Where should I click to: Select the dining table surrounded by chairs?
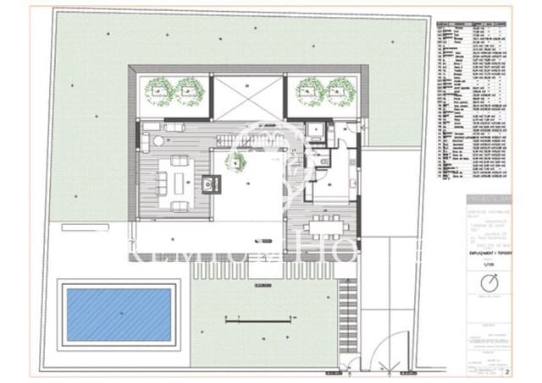(327, 224)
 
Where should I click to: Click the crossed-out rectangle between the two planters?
(247, 96)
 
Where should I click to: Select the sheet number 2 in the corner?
(507, 370)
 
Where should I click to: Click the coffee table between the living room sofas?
(179, 179)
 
